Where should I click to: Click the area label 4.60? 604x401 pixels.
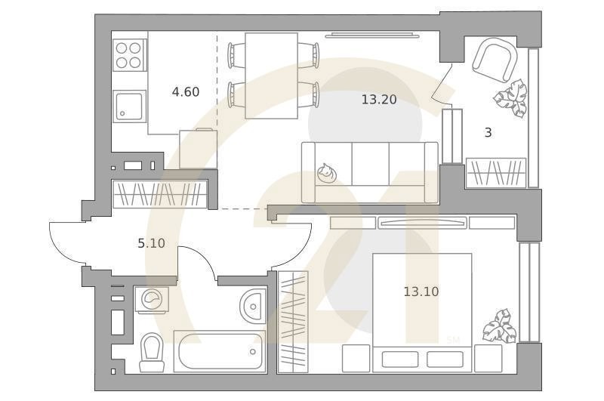(185, 92)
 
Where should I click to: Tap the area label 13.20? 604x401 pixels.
(378, 99)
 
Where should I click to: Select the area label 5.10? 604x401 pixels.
(151, 243)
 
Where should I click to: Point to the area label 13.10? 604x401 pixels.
(421, 291)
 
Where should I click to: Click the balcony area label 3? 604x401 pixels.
(488, 132)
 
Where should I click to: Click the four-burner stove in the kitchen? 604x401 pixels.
(128, 54)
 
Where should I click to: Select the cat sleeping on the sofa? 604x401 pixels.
(327, 174)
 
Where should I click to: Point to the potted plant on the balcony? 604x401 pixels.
(510, 98)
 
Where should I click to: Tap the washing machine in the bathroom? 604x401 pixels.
(152, 299)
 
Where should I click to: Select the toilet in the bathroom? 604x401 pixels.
(152, 352)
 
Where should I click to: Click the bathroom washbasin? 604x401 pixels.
(253, 305)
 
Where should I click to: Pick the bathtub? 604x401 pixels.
(219, 351)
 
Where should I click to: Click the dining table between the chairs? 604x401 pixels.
(272, 76)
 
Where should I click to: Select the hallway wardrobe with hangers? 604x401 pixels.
(159, 194)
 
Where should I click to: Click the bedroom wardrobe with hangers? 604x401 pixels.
(293, 321)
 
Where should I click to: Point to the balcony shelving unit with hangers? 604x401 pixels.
(496, 172)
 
